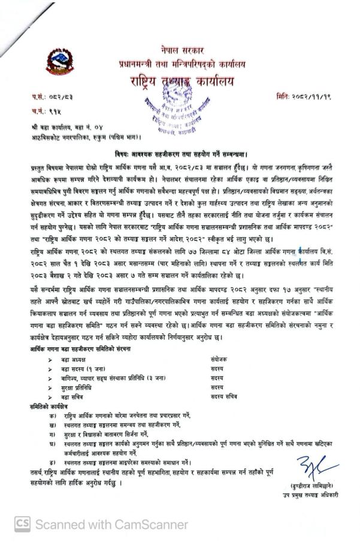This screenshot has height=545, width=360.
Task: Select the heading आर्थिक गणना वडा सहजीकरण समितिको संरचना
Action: [84, 349]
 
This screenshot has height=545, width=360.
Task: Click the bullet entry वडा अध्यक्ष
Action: [72, 359]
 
